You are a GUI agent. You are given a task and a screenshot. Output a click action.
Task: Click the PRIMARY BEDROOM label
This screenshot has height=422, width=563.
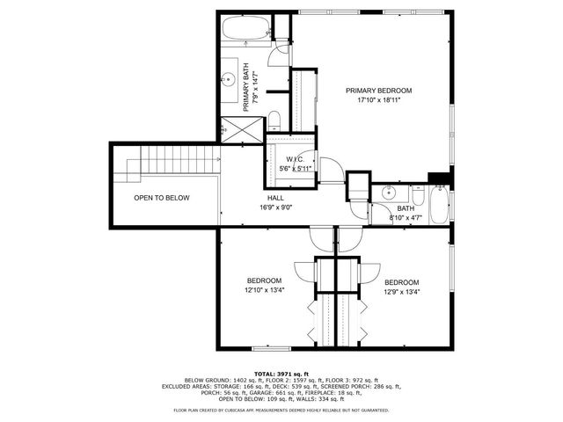[378, 91]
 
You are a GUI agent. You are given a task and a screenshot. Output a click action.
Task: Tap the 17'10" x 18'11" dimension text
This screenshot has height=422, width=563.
[378, 101]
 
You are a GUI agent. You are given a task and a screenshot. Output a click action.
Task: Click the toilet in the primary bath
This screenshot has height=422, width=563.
[274, 120]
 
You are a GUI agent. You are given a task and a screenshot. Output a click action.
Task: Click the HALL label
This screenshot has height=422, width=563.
[275, 198]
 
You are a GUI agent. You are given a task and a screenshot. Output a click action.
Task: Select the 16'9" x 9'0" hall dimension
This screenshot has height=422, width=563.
[275, 208]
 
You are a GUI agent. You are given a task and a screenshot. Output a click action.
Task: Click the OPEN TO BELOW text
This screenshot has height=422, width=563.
[161, 198]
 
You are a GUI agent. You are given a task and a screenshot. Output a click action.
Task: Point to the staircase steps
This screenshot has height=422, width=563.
[180, 160]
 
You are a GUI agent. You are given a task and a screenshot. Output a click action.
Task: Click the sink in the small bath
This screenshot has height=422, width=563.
[389, 192]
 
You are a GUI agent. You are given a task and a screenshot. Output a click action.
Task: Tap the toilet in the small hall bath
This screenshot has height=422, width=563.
[413, 191]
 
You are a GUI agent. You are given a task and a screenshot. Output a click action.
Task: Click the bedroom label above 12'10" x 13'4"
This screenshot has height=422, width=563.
[263, 280]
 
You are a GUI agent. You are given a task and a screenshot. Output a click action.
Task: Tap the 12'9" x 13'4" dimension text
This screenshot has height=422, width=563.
[402, 292]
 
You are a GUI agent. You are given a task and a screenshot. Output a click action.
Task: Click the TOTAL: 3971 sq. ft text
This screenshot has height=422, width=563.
[281, 373]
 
